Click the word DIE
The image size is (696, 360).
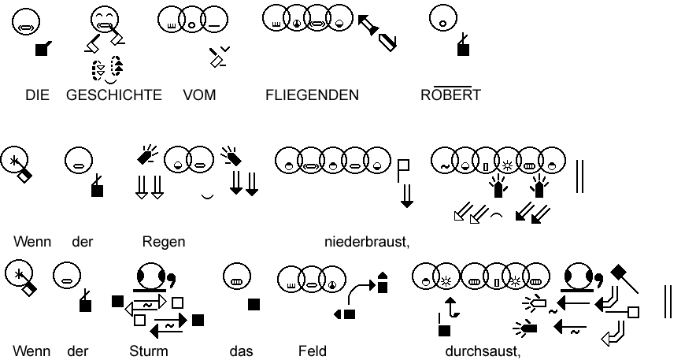[x=37, y=95]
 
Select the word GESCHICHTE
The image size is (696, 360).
[x=114, y=95]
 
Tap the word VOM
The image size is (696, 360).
[x=199, y=95]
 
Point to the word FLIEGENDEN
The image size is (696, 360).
[x=312, y=95]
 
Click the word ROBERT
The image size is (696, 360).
[x=450, y=95]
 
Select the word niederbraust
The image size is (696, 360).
[x=367, y=241]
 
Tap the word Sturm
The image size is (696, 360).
[x=149, y=351]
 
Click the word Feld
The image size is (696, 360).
[x=312, y=351]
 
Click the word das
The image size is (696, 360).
[x=241, y=351]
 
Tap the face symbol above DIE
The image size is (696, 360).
[x=26, y=20]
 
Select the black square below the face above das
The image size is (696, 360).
[x=254, y=304]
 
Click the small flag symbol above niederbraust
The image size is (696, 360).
[x=404, y=167]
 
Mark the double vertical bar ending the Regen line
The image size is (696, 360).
[x=580, y=176]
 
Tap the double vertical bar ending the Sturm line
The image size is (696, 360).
[x=668, y=302]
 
